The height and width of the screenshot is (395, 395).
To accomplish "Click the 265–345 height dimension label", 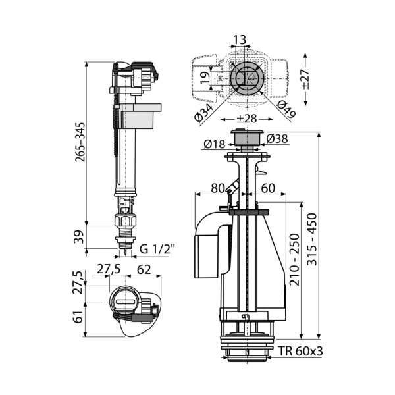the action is coord(80,142).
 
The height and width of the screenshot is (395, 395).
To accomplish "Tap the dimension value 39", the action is coord(80,237).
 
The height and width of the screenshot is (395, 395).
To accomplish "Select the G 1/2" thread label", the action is coord(157,249).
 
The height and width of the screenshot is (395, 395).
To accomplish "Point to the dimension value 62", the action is coord(144,269).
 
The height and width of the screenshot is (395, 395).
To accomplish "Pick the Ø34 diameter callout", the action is coord(204,113).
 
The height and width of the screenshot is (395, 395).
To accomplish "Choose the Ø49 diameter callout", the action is coord(286,109).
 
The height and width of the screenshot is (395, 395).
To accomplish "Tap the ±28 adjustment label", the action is coord(247,118).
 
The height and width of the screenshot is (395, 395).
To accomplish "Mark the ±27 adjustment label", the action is coord(305,79).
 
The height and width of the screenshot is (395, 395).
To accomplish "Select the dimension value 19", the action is coord(205,78).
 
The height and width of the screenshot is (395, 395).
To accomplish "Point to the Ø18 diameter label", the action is coord(215,144).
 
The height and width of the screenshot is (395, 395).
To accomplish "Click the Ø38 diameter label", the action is coord(277,138).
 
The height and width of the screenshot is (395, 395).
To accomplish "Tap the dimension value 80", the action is coord(218,188).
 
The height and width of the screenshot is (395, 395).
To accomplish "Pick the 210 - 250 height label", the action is coord(294,260).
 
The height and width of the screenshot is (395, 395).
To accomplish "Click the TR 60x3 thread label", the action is coord(300,351).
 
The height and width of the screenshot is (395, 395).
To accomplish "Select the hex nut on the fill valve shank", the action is coord(125,220).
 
